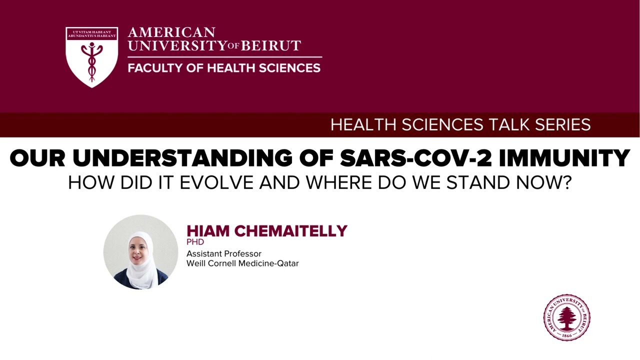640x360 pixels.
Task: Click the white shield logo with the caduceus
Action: [91, 56]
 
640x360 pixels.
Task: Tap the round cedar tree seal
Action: [566, 317]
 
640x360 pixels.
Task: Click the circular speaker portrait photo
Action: [140, 252]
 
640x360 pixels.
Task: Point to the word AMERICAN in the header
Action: [171, 33]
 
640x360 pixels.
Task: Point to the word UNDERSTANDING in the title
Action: [182, 158]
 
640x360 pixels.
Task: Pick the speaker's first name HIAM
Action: [208, 231]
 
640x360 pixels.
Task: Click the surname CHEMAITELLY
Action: [290, 231]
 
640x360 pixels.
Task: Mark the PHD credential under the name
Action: [195, 242]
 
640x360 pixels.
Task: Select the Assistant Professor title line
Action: [223, 253]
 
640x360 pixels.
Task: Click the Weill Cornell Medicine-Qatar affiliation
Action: [242, 263]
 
